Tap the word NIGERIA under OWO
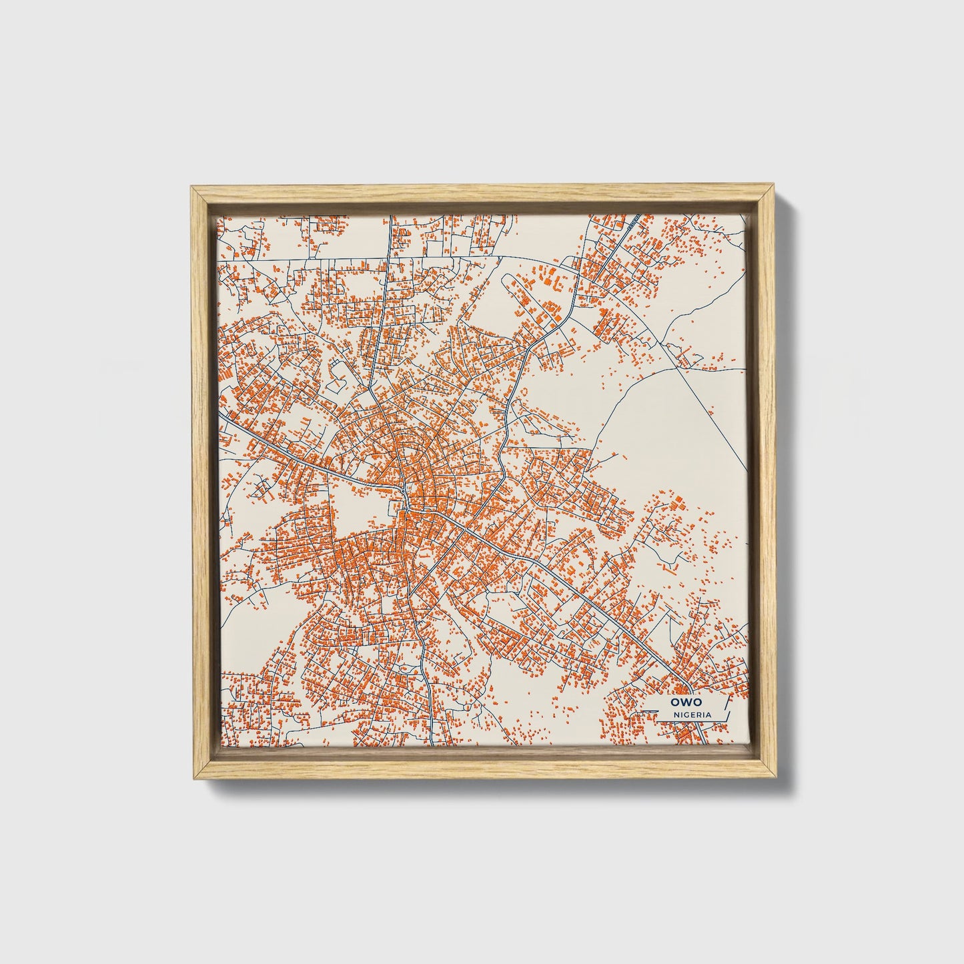(692, 714)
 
